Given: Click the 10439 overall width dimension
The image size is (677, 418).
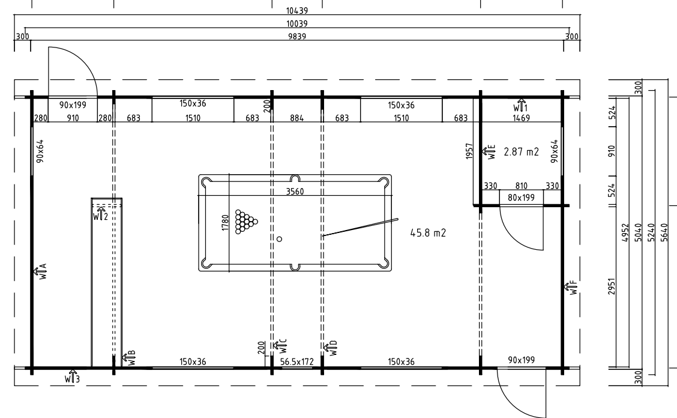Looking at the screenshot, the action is click(x=297, y=11).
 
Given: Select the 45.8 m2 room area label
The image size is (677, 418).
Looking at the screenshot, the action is click(x=428, y=233).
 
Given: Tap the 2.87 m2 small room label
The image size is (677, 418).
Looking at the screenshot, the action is click(x=521, y=152).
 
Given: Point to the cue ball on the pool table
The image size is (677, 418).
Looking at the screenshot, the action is click(x=279, y=239).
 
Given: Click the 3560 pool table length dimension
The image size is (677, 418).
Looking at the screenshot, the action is click(x=295, y=192).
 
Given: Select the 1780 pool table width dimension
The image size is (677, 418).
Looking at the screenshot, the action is click(x=225, y=223).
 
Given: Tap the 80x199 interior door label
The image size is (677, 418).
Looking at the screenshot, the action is click(x=521, y=198).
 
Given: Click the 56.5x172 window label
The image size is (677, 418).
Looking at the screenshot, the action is click(x=296, y=362).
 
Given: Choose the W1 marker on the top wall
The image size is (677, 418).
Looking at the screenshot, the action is click(x=520, y=105).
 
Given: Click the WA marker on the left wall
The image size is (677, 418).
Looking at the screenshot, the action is click(x=40, y=271).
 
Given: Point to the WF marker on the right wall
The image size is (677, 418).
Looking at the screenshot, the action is click(x=570, y=288).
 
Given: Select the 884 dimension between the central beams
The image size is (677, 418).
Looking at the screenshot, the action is click(x=296, y=118).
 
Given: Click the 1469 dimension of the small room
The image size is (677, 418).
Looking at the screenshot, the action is click(x=521, y=118).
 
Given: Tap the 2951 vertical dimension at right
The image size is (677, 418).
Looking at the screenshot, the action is click(x=612, y=286).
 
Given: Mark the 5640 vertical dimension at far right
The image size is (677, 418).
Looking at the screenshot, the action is click(x=664, y=232).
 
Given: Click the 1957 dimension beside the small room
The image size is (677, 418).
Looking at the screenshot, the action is click(x=470, y=151).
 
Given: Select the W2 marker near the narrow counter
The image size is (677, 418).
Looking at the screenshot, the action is click(x=100, y=214).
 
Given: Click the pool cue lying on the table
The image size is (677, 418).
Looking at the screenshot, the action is click(x=360, y=227).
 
